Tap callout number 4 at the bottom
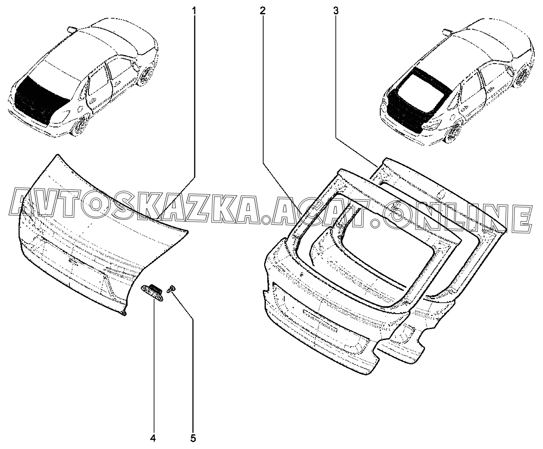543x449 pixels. point(153,438)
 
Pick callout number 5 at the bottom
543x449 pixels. point(193,438)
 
